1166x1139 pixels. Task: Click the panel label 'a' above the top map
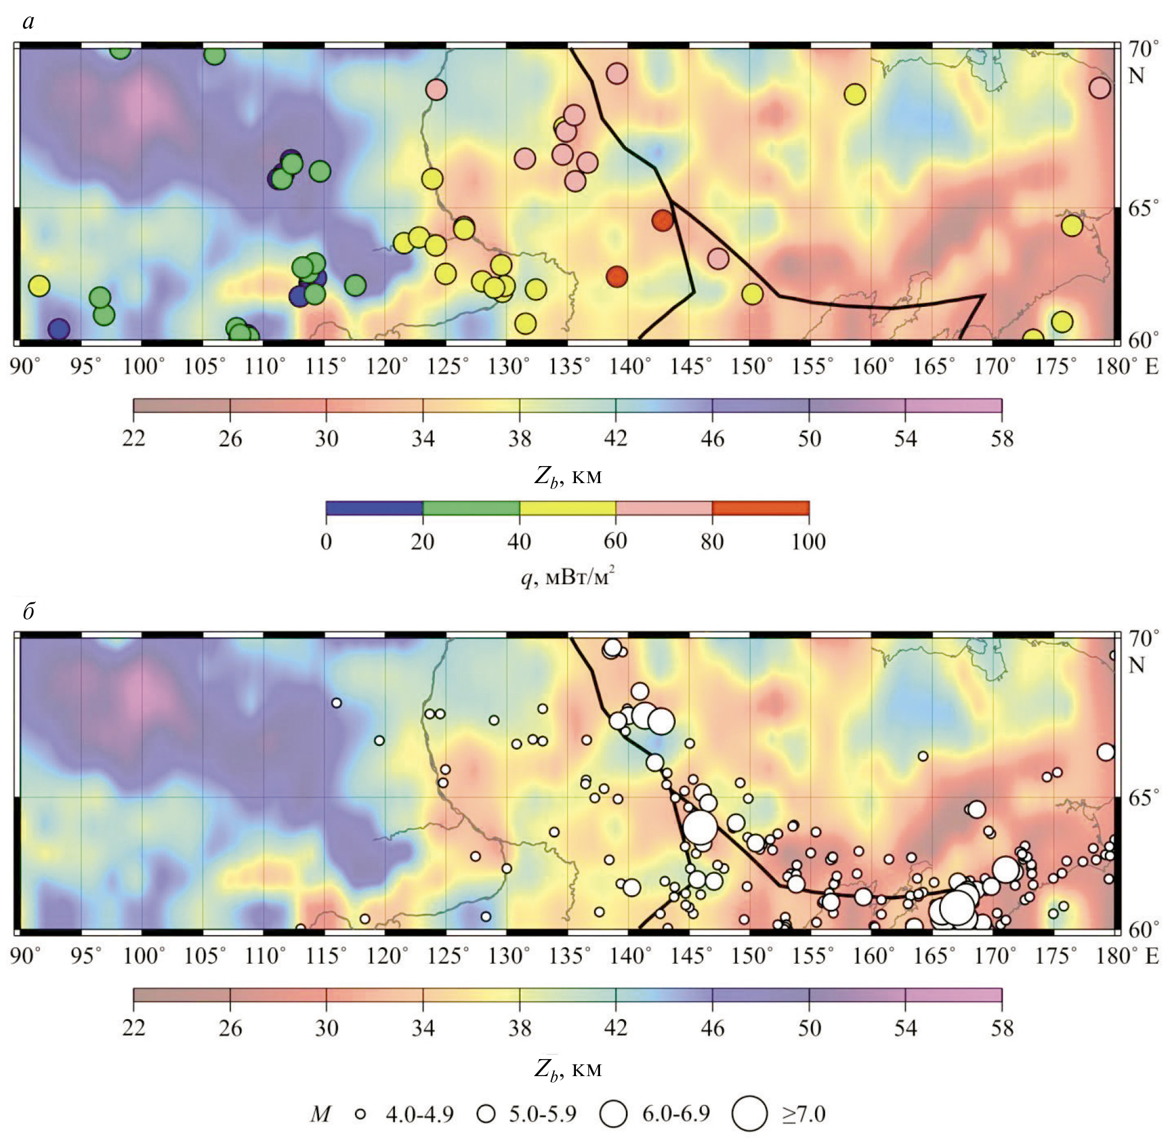coord(28,22)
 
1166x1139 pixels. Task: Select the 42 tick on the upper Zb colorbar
coord(615,438)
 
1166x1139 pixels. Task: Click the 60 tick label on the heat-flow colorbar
coord(615,541)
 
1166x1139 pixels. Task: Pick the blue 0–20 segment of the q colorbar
coord(374,508)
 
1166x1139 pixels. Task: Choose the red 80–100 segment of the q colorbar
coord(760,508)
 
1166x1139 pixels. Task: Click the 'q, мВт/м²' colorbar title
coord(568,578)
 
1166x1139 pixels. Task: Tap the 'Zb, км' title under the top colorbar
coord(568,477)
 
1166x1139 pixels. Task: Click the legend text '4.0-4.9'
coord(420,1114)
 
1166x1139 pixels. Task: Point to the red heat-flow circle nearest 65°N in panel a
coord(662,220)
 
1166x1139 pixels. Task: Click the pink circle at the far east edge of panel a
coord(1100,88)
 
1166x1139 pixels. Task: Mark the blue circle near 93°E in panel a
coord(59,329)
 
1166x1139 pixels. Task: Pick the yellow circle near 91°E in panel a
coord(39,286)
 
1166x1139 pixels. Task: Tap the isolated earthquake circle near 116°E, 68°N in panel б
coord(336,702)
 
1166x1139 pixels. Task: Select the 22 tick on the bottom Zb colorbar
coord(133,1028)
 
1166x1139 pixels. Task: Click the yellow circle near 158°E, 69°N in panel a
coord(855,94)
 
